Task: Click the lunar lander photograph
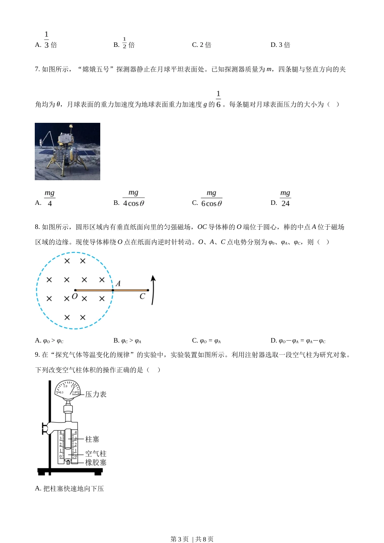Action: (x=68, y=152)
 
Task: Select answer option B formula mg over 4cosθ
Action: (x=133, y=198)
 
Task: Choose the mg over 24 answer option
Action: (x=285, y=198)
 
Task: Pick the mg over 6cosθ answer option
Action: (x=211, y=198)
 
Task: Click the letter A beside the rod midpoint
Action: (x=118, y=284)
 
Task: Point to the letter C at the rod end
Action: (x=142, y=297)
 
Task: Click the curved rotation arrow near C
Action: (x=153, y=290)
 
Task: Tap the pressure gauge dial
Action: (x=68, y=390)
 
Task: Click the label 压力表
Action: (x=96, y=394)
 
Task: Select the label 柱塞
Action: (x=92, y=439)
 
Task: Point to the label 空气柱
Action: (x=96, y=454)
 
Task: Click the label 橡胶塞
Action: (x=96, y=463)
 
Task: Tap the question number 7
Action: (x=37, y=69)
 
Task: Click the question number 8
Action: (x=37, y=227)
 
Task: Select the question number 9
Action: (x=37, y=355)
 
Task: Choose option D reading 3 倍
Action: (x=281, y=45)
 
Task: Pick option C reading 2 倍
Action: (x=202, y=45)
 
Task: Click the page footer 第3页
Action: (x=180, y=539)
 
